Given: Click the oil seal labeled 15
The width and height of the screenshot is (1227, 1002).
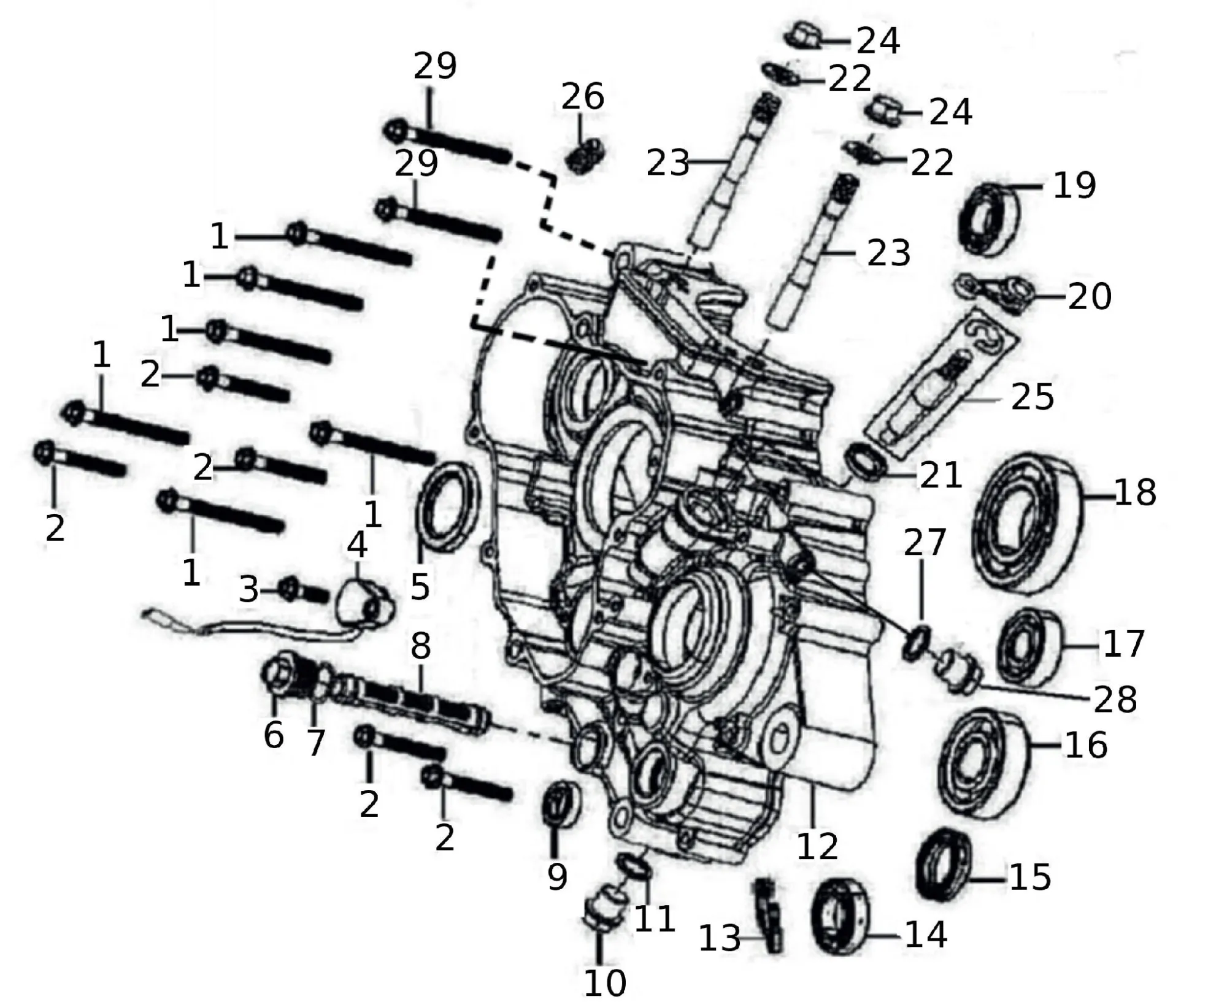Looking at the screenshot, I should tap(942, 864).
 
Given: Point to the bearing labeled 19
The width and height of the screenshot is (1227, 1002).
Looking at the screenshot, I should tap(990, 218).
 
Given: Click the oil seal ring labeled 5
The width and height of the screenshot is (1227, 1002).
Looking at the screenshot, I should tap(446, 508).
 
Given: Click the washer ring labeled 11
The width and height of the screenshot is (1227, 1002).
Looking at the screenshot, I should tap(634, 865).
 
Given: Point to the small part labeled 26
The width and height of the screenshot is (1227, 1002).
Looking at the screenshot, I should tap(584, 156).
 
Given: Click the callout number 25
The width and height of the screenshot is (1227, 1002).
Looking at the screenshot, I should tap(1032, 397).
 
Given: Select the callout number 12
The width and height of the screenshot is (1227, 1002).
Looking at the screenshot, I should tap(817, 846).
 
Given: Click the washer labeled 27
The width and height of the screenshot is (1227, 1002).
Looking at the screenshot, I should tap(917, 643).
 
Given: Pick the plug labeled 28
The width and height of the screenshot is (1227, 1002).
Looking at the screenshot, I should tap(957, 671).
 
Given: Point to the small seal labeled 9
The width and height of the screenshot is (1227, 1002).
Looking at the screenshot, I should tap(561, 805).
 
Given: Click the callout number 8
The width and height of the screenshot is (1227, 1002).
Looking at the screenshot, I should tap(420, 646).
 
